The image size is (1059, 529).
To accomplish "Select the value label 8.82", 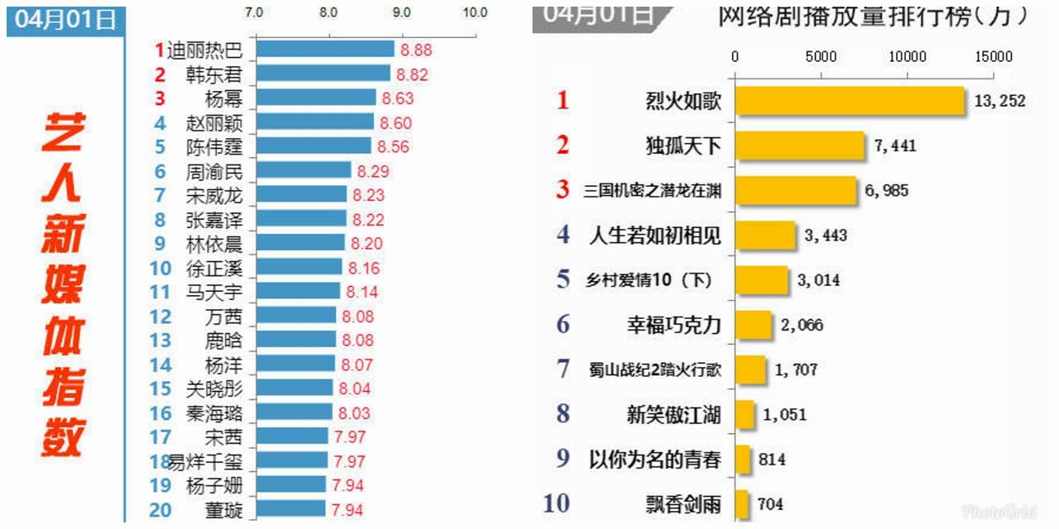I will [412, 75].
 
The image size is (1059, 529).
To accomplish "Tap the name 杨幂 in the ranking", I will [223, 99].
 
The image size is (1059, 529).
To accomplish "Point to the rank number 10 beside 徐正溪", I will [161, 268].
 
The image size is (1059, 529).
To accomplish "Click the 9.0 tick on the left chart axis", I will [401, 12].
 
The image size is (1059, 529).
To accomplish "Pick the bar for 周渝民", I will [303, 171].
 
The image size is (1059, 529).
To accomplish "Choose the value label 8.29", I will [372, 172].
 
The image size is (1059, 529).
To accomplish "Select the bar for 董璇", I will [290, 509].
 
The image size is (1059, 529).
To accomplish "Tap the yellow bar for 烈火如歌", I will [850, 101].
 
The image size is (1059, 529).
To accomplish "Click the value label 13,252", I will [999, 101].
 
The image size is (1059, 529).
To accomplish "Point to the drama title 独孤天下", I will [683, 146].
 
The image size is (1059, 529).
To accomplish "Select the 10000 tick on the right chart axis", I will [908, 57].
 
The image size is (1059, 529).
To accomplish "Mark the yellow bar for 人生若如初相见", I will [765, 236].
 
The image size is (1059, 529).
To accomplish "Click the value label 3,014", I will [818, 280].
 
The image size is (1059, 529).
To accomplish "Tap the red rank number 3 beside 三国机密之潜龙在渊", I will [563, 190].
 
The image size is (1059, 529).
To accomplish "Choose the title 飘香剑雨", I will [683, 503].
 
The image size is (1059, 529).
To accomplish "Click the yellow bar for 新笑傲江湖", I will [745, 415].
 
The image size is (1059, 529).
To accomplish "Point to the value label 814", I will [772, 460].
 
